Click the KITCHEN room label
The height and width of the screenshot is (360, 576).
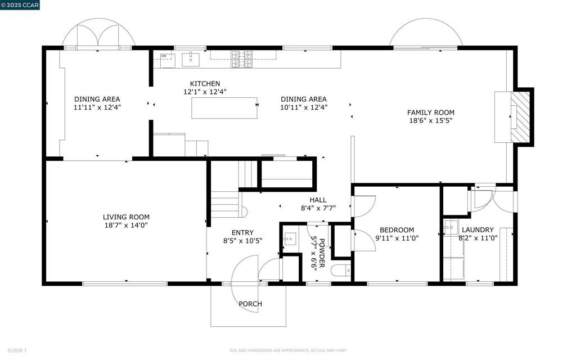point(205,84)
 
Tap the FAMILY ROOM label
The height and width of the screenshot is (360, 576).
point(430,112)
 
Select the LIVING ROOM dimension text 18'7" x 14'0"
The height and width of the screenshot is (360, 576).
point(126,225)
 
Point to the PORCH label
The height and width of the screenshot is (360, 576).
point(250,304)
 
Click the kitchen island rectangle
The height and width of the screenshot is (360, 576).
point(224,108)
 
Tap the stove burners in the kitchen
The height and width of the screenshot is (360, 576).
point(242,59)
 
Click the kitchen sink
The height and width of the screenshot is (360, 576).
point(191,60)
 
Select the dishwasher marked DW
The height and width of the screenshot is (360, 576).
point(168,61)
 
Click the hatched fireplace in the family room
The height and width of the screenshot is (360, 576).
point(520,117)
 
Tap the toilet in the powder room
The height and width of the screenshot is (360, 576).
point(340,271)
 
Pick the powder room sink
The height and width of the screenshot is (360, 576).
point(290,239)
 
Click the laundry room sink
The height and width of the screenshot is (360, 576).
point(451,228)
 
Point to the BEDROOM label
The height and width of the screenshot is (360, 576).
point(397,230)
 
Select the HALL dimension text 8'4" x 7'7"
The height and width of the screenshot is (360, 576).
point(318,208)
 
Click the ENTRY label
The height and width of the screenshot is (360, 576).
point(242,232)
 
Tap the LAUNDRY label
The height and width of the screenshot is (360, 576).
point(478,230)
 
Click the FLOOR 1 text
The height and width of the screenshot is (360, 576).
point(17,350)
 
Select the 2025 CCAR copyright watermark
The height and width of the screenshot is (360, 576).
point(20,5)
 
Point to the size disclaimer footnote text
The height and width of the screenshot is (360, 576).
point(287,350)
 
